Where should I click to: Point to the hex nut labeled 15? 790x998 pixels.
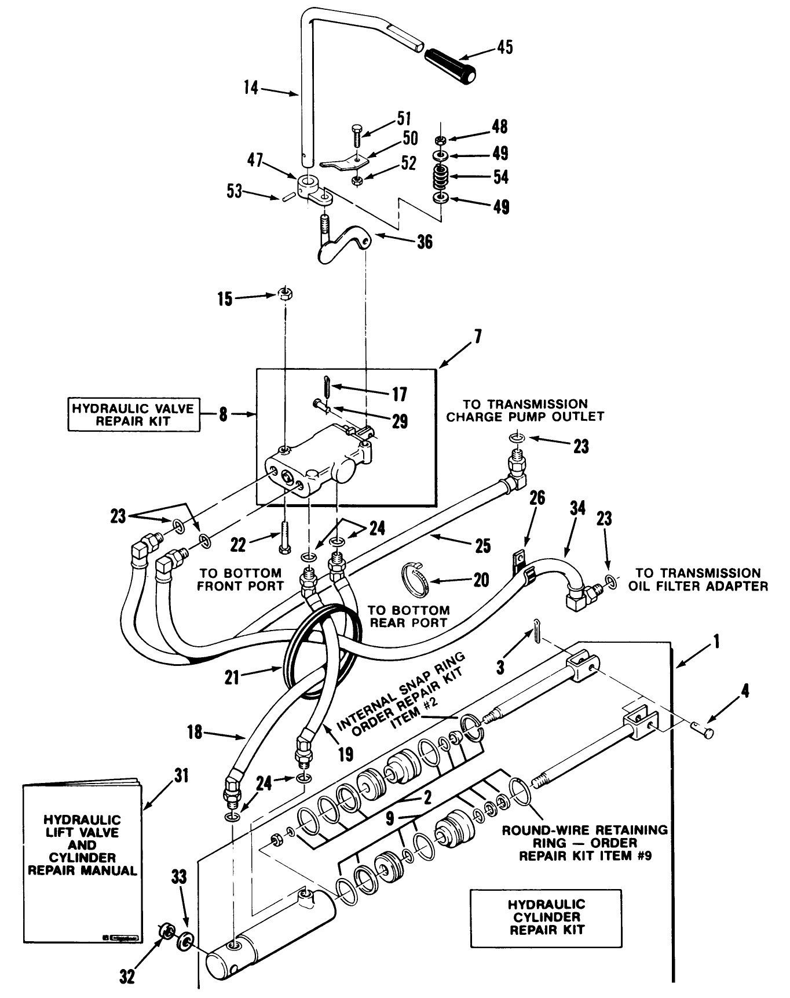point(284,294)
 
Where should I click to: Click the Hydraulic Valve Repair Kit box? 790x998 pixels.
point(133,415)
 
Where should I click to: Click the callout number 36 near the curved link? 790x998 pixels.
point(425,241)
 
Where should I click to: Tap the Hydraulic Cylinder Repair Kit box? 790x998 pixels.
point(545,917)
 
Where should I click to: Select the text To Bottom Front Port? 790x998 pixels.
point(240,579)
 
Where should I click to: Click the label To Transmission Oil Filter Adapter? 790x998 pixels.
point(698,579)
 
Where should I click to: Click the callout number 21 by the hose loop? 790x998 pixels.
point(232,677)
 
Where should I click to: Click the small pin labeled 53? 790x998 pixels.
point(286,198)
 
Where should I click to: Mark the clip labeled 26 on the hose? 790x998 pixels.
point(519,560)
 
